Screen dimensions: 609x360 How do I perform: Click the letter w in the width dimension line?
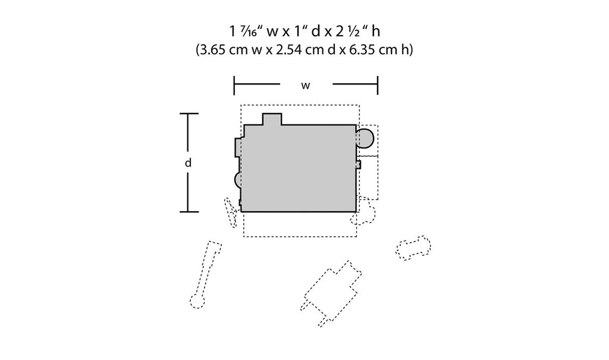pos(306,86)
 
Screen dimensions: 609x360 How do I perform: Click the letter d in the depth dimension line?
pos(189,162)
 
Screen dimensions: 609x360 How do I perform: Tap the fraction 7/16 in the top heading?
pos(249,32)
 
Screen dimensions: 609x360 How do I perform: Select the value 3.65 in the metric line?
pos(212,50)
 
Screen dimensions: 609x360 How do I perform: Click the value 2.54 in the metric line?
pos(289,50)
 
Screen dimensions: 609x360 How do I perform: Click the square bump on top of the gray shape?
pos(272,119)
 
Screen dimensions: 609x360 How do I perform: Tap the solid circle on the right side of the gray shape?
pos(365,139)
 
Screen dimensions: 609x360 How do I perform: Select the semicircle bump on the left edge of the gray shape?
pos(238,180)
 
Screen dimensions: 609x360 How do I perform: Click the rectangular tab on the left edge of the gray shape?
pos(238,148)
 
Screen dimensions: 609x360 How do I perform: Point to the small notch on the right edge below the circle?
pos(358,165)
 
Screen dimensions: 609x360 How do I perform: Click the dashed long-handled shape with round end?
pos(205,274)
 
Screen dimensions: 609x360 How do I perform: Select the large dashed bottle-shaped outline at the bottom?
pos(331,293)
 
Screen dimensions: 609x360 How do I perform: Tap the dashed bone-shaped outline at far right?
pos(413,248)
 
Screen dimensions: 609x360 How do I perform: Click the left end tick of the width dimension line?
pos(234,86)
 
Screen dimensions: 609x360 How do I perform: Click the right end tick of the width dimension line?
pos(378,86)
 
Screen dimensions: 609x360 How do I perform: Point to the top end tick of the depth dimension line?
pos(189,114)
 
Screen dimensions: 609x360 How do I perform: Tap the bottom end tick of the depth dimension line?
pos(189,212)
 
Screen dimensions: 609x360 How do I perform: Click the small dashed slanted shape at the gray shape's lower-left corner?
pos(230,212)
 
